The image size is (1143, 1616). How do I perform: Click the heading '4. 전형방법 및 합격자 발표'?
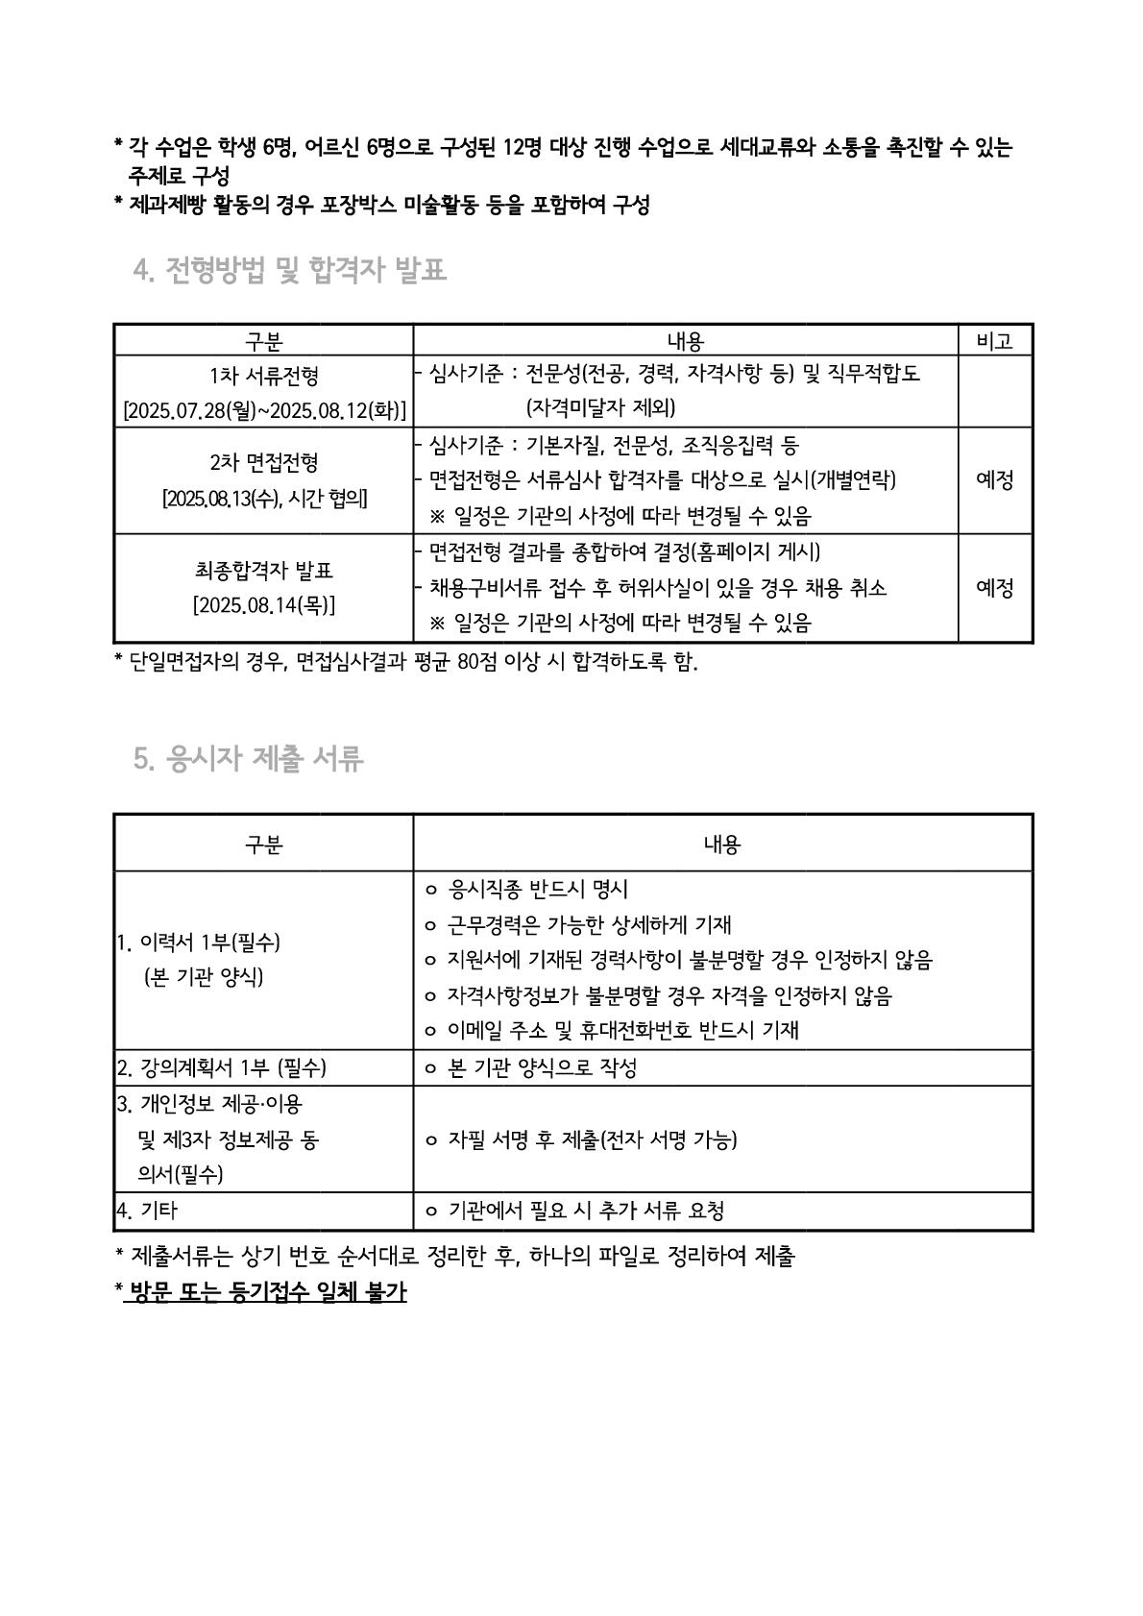click(x=290, y=270)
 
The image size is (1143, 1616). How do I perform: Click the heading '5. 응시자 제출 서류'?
click(x=249, y=759)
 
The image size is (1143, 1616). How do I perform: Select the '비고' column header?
click(x=994, y=341)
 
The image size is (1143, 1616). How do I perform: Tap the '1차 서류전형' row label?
click(x=264, y=376)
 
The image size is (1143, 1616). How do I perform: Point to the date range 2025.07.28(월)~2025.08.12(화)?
click(x=264, y=410)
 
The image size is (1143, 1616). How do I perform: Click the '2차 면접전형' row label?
click(x=264, y=463)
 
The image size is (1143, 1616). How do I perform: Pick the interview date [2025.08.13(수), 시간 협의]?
click(x=264, y=499)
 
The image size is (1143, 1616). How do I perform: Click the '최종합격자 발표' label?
click(x=264, y=571)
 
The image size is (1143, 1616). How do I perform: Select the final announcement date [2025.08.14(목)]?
click(x=264, y=606)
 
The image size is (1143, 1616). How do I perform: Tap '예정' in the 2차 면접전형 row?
click(x=994, y=480)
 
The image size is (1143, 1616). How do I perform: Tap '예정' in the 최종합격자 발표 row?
click(x=994, y=588)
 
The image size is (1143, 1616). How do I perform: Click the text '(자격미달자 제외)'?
click(x=600, y=407)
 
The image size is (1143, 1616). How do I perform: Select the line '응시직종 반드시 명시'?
click(x=538, y=890)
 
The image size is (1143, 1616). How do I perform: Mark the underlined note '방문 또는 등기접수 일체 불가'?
click(x=266, y=1291)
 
